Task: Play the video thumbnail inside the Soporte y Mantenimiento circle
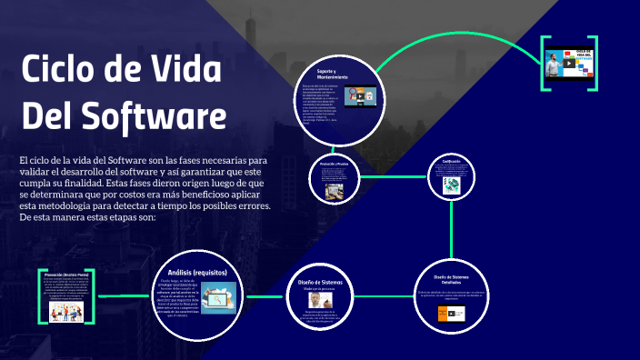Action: click(x=361, y=94)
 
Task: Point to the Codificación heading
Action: click(x=452, y=162)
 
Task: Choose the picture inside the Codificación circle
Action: click(x=452, y=184)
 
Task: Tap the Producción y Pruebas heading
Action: click(x=334, y=165)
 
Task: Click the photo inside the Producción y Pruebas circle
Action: click(x=333, y=185)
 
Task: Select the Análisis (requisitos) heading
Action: click(x=197, y=272)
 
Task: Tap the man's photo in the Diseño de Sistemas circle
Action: click(x=314, y=298)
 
